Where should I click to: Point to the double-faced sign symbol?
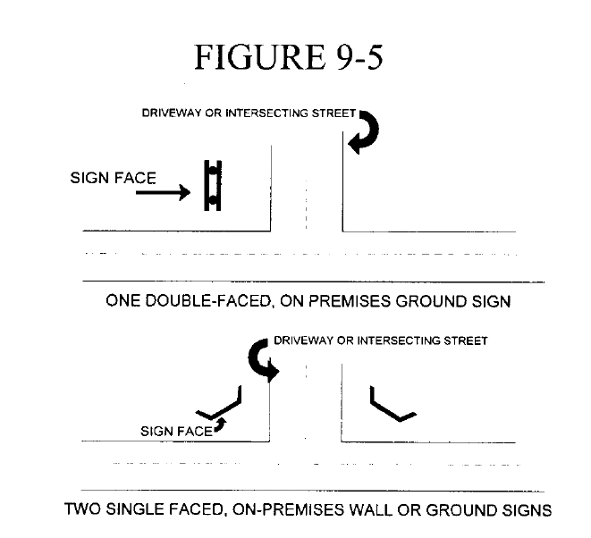click(x=212, y=185)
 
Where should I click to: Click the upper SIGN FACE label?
click(x=113, y=178)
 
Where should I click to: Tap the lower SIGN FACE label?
click(x=177, y=432)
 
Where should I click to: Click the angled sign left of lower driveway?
click(x=221, y=404)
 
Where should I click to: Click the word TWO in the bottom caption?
click(x=85, y=511)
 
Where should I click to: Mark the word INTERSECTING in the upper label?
click(x=264, y=114)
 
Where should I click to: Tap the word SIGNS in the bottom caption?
click(x=530, y=511)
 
